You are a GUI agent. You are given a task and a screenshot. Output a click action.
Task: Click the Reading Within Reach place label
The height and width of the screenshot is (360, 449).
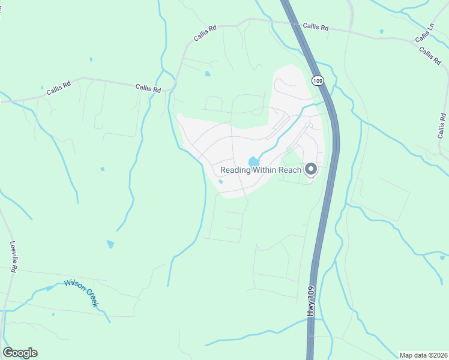click(261, 170)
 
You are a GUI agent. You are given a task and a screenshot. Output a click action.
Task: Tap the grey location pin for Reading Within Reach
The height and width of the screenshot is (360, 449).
click(311, 170)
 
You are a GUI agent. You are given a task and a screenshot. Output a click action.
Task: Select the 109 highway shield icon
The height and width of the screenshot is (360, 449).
click(318, 80)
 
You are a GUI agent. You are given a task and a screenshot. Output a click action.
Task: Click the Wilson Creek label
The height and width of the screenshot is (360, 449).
click(81, 293)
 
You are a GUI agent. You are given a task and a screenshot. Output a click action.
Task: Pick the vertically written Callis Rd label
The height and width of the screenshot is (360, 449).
click(443, 126)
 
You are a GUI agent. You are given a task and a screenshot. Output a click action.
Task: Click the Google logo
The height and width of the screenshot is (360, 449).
click(20, 353)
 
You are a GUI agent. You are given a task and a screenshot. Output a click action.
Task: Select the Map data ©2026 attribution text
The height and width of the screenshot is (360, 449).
click(423, 355)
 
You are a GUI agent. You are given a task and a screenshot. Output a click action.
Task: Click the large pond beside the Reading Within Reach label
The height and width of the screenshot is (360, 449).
click(254, 161)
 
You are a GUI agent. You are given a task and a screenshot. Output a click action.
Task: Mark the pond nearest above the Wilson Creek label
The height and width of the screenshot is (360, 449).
click(110, 244)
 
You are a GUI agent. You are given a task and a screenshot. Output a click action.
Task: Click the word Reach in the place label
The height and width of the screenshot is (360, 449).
click(288, 170)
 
